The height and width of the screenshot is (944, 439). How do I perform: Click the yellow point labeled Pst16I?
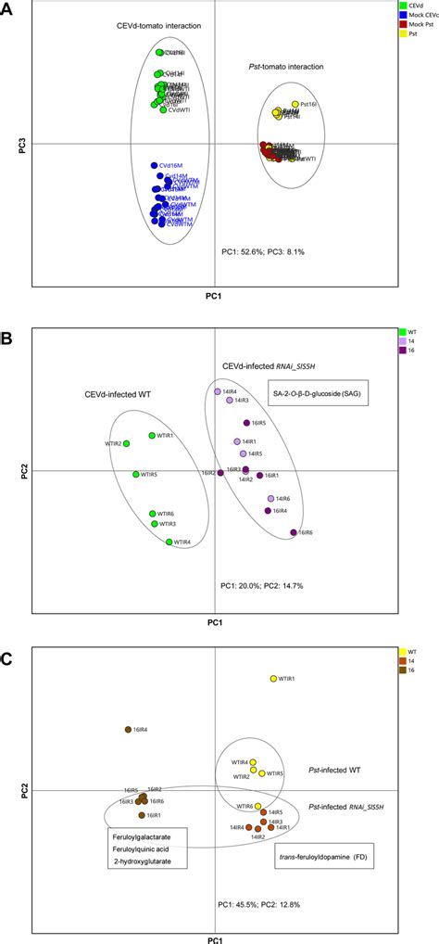click(295, 104)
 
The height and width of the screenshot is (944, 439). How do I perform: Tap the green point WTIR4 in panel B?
click(169, 542)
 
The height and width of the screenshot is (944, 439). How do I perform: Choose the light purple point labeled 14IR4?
click(219, 392)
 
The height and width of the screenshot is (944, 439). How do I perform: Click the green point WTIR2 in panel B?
click(127, 444)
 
